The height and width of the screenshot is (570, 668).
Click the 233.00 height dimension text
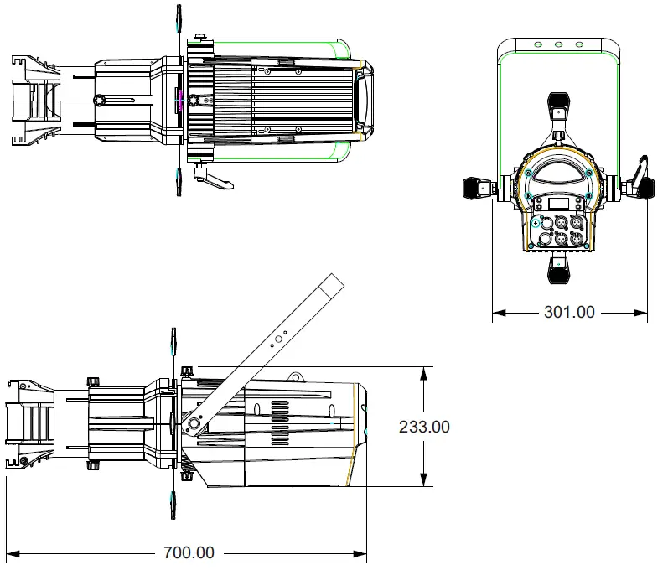coord(423,427)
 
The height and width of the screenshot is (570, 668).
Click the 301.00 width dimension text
coord(569,313)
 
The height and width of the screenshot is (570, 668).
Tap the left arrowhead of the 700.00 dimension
coord(13,553)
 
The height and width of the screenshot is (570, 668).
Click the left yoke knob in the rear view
coord(477,189)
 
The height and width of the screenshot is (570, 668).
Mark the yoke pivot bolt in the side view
coord(194,425)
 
